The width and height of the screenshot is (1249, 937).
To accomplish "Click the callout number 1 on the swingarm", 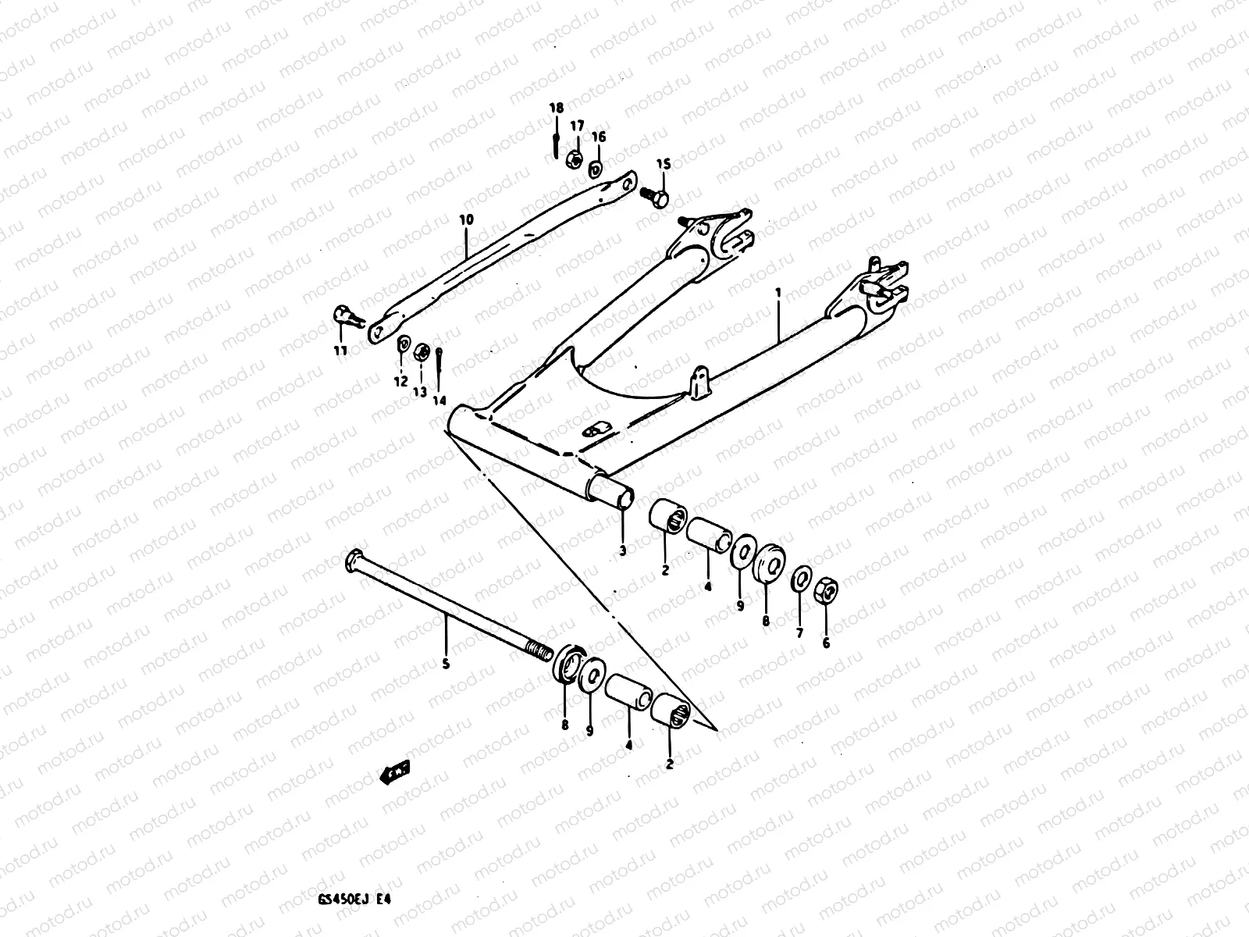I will [778, 293].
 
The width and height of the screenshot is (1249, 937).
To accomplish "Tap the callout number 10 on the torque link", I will [466, 220].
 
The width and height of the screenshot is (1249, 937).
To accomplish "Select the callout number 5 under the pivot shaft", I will [446, 664].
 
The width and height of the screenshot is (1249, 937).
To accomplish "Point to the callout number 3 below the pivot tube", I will [622, 550].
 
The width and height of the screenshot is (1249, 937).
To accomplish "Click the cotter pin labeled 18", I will [555, 144].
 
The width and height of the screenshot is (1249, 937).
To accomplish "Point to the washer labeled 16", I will [596, 166].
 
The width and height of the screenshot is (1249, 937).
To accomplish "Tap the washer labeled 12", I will [404, 344].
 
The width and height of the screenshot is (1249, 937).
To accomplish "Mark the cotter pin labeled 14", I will [441, 361].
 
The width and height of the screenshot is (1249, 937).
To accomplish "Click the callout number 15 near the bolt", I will [663, 164].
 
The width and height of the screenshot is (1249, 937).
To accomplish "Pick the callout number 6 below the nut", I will [826, 643].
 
